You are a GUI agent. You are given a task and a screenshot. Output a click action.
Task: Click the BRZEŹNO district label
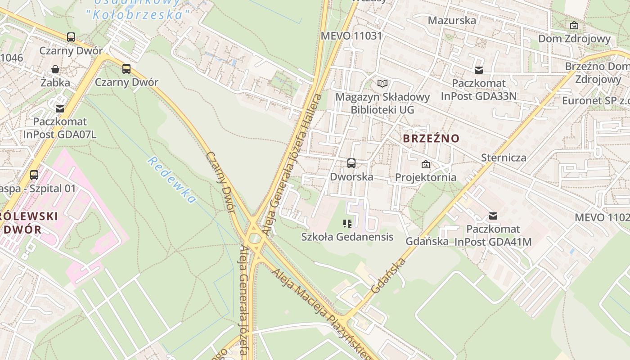[431, 138]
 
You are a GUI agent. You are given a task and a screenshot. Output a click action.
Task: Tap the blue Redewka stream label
[172, 180]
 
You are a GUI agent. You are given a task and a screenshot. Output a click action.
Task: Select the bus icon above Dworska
[351, 163]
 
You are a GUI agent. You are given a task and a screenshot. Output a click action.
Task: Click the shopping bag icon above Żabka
[55, 69]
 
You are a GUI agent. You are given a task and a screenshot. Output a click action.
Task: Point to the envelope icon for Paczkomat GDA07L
[59, 108]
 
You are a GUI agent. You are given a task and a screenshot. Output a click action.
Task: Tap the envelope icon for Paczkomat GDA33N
[478, 70]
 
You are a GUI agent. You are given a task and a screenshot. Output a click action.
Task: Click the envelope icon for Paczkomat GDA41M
[493, 216]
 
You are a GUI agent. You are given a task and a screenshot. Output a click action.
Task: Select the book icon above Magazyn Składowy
[382, 84]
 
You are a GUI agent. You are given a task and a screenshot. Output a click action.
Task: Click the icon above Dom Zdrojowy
[574, 25]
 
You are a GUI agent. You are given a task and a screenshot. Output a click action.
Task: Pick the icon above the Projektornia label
[425, 164]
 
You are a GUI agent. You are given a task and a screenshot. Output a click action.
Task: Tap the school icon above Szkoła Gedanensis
[347, 224]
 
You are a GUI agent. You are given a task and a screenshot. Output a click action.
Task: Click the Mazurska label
[452, 20]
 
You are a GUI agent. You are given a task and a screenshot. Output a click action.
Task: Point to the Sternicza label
[504, 157]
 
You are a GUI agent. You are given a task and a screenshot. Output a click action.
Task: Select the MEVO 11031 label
[351, 36]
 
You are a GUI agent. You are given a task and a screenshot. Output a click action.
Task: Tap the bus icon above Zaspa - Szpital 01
[34, 175]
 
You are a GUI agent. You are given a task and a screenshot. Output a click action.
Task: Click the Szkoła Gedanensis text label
[347, 237]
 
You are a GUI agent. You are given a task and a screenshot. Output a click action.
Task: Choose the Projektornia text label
[425, 177]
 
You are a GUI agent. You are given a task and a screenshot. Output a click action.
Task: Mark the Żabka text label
[55, 82]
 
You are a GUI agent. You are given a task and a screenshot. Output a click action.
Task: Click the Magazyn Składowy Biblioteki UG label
[382, 103]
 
